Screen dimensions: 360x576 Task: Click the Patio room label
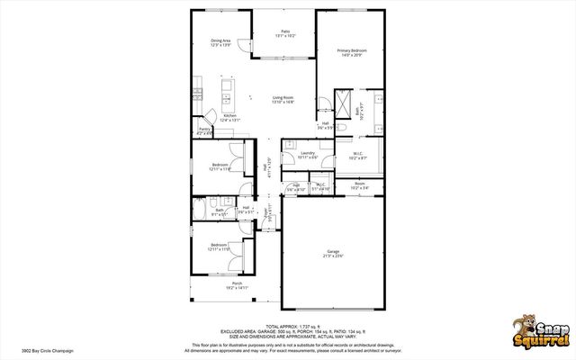coord(285,33)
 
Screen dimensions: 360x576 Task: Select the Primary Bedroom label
coord(350,52)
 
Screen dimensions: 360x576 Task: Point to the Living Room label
coord(284,100)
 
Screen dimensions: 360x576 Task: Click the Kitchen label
coord(230,117)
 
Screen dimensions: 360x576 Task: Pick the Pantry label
coord(204,130)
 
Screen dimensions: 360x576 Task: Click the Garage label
coord(333,254)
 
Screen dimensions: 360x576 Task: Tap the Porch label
coord(238,285)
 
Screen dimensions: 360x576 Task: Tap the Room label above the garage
coord(359,185)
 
